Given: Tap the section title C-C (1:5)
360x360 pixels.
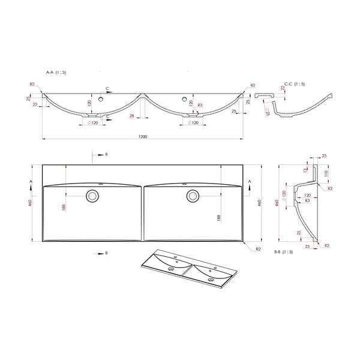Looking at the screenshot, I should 295,84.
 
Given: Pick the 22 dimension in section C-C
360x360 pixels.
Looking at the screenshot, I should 283,89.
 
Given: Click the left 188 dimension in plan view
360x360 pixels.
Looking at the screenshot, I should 64,208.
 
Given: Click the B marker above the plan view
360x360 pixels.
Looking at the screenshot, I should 106,154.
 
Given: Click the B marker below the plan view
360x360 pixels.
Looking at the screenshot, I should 106,254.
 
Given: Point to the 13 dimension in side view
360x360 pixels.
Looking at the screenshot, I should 305,170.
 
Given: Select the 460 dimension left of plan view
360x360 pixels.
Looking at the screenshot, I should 29,204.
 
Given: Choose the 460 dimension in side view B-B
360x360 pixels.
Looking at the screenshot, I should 277,204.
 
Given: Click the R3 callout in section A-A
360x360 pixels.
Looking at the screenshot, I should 199,106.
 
